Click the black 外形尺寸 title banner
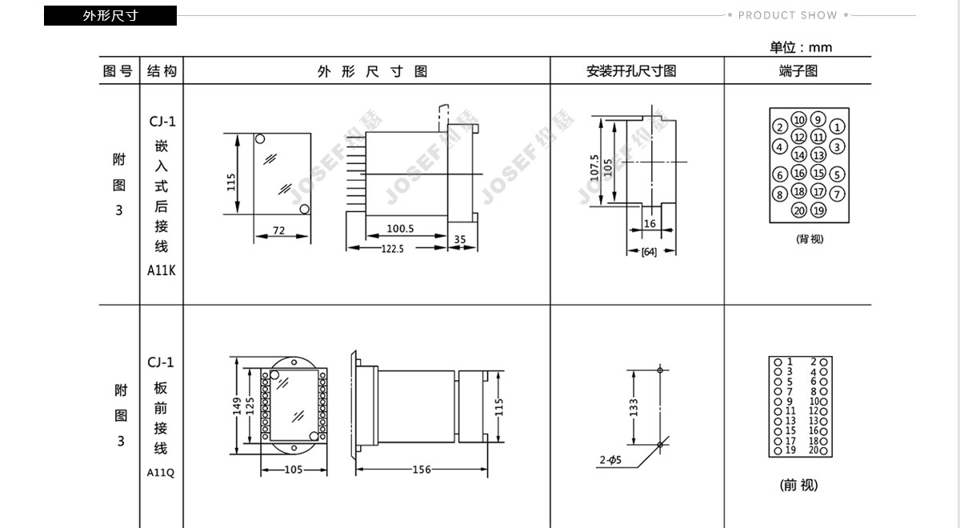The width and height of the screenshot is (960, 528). (110, 15)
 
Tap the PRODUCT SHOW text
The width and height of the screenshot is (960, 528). (787, 15)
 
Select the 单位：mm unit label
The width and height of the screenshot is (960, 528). (801, 47)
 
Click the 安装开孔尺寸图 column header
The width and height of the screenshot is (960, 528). (631, 70)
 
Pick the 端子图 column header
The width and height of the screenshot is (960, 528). (798, 70)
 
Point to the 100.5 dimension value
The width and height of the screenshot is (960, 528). (400, 229)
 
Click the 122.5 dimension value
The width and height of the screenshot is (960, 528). (393, 249)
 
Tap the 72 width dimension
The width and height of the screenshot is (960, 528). (278, 230)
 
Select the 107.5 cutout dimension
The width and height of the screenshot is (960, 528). (594, 168)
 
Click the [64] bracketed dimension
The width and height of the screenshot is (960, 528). (649, 251)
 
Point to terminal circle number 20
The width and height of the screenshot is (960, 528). (799, 210)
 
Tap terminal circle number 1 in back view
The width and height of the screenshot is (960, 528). (837, 126)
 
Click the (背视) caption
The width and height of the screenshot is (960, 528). (810, 238)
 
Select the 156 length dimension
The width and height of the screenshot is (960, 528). (422, 470)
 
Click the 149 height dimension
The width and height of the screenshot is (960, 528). (237, 406)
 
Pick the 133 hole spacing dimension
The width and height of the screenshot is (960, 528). (634, 407)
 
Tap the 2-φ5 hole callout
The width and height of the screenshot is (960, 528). (610, 460)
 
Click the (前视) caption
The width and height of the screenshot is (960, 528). (798, 485)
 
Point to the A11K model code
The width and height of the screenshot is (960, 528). (161, 270)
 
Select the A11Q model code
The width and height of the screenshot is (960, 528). (161, 472)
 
